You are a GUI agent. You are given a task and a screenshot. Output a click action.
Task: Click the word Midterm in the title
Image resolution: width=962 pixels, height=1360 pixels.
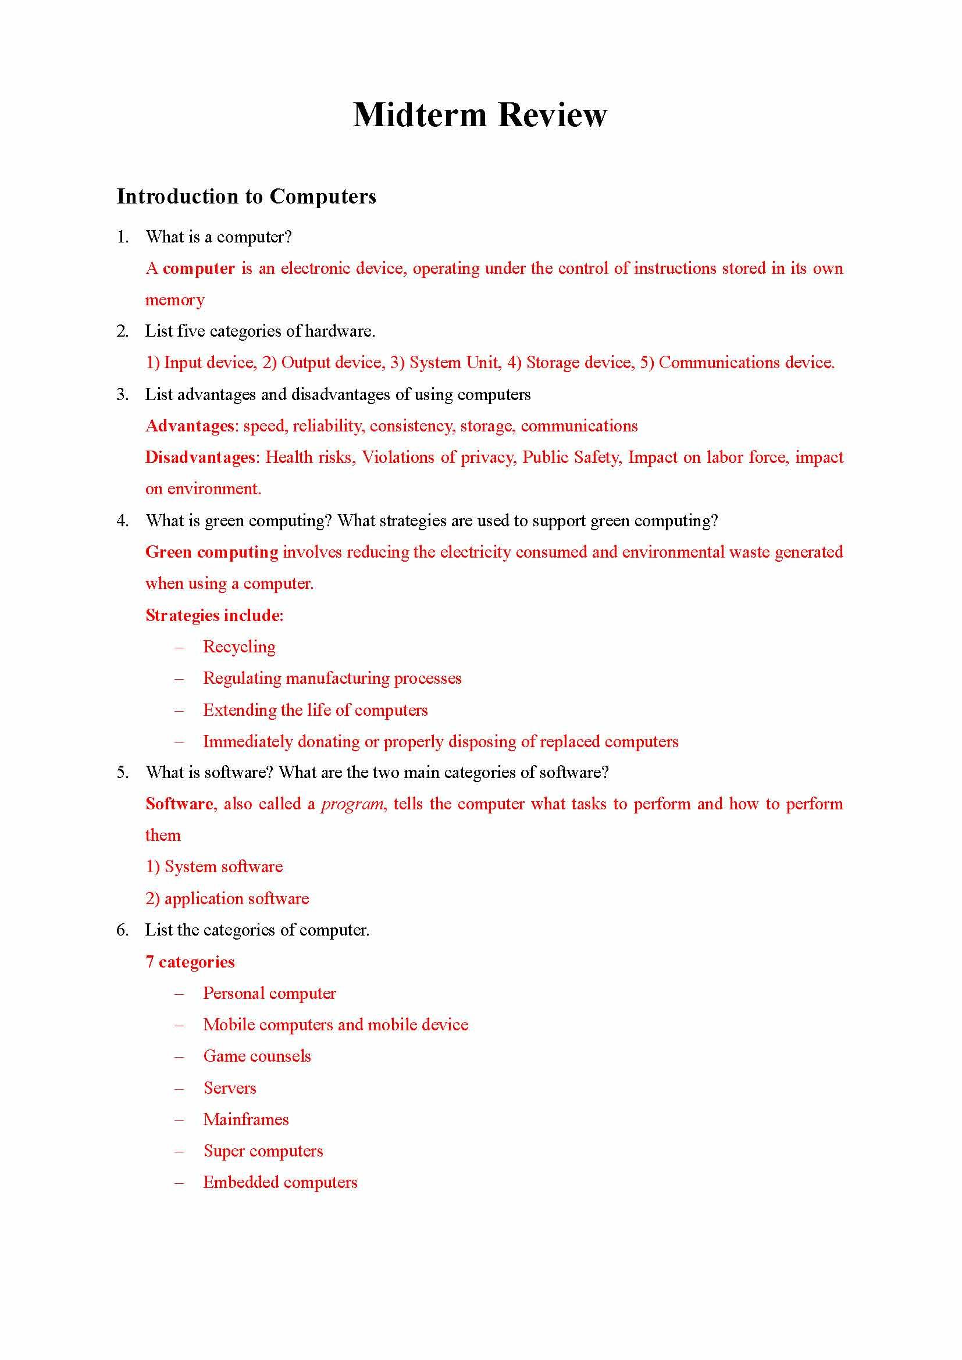[x=419, y=115]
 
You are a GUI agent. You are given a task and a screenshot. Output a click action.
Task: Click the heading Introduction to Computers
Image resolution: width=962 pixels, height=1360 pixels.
[x=246, y=196]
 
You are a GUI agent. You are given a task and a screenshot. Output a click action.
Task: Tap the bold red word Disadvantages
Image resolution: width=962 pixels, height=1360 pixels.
[x=201, y=457]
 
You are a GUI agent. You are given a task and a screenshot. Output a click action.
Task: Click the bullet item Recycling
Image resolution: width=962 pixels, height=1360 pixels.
[x=239, y=646]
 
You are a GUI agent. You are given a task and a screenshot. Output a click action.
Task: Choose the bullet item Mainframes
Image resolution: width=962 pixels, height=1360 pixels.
[x=246, y=1119]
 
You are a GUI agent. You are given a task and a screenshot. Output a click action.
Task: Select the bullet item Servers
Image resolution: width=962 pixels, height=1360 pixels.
[x=230, y=1087]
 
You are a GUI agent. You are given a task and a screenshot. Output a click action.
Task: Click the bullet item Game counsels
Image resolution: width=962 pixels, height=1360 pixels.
[x=256, y=1056]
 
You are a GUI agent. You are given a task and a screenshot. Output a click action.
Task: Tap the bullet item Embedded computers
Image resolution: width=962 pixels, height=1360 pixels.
[x=280, y=1181]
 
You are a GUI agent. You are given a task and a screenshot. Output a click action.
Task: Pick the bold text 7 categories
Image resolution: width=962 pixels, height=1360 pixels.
[x=190, y=961]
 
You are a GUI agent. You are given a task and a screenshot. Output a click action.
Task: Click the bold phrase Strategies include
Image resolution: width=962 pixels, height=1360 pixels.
[x=213, y=615]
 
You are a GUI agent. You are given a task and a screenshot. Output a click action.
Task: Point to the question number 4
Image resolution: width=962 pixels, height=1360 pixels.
[x=122, y=520]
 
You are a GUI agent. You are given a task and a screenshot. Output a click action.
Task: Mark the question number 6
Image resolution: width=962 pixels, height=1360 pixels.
[x=122, y=930]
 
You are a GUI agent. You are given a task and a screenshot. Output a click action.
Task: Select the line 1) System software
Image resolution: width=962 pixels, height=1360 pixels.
[x=214, y=866]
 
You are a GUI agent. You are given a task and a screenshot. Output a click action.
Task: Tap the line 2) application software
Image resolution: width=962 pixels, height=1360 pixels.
[x=227, y=898]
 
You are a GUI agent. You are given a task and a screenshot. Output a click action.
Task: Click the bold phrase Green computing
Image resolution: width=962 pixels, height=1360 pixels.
[x=212, y=552]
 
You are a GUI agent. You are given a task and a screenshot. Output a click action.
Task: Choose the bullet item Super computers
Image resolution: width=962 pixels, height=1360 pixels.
[x=263, y=1150]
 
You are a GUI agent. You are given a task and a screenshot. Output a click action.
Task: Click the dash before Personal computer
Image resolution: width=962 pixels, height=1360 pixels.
[x=179, y=993]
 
